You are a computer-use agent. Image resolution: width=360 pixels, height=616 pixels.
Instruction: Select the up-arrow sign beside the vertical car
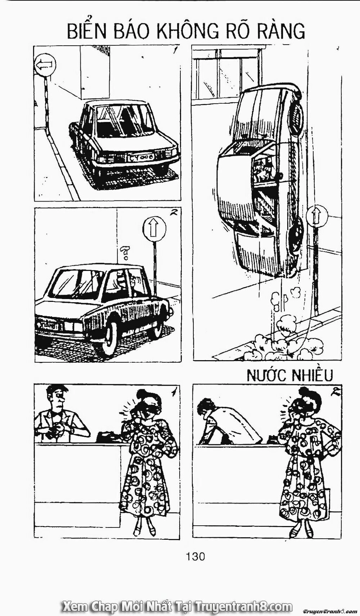point(318,216)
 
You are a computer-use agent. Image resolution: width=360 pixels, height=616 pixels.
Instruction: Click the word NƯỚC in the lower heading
point(266,375)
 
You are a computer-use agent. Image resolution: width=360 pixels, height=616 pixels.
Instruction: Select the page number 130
point(195,556)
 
